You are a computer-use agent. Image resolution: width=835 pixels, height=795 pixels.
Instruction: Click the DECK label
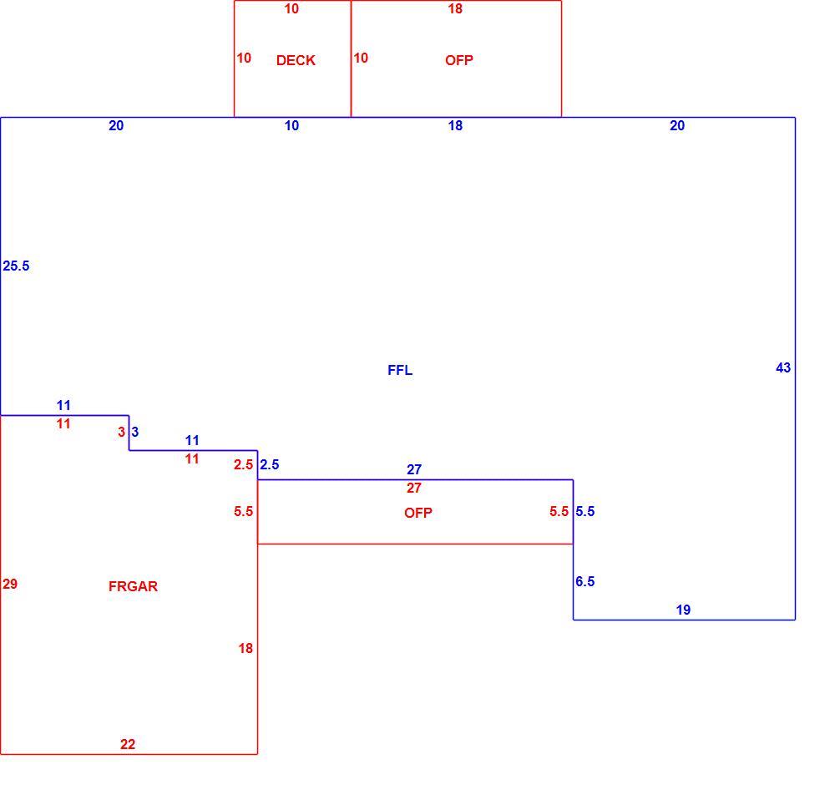[296, 60]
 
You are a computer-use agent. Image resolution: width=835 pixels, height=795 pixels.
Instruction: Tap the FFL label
[400, 370]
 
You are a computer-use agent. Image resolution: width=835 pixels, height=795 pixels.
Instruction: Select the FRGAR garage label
[133, 586]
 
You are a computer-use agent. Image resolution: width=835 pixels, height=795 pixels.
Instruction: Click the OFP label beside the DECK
[459, 60]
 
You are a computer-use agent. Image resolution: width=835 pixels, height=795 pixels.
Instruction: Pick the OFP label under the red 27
[418, 513]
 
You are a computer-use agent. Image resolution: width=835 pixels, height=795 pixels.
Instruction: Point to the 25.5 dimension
[16, 266]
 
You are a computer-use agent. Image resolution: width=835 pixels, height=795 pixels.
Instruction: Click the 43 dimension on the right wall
[783, 367]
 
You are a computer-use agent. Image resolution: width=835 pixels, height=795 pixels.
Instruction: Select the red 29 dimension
[10, 584]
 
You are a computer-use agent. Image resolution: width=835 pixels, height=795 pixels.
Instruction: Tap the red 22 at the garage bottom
[128, 744]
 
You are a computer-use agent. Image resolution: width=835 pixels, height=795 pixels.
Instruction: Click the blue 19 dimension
[683, 610]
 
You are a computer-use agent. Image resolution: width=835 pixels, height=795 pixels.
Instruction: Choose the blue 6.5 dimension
[584, 581]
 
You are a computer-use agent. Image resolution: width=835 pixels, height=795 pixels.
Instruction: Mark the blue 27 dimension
[414, 469]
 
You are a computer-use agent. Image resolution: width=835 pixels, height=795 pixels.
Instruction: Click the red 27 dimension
[414, 488]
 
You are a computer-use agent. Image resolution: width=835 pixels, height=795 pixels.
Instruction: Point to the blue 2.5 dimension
[270, 464]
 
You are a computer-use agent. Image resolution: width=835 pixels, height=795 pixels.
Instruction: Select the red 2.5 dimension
[243, 464]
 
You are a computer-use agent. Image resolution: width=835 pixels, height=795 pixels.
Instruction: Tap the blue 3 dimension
[134, 432]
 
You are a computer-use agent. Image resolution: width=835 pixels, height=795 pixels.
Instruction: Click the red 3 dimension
[121, 432]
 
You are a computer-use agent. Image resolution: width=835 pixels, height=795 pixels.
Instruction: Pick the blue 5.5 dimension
[584, 511]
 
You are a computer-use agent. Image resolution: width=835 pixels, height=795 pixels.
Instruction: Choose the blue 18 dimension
[455, 125]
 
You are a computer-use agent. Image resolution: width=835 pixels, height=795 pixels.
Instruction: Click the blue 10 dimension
[291, 125]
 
